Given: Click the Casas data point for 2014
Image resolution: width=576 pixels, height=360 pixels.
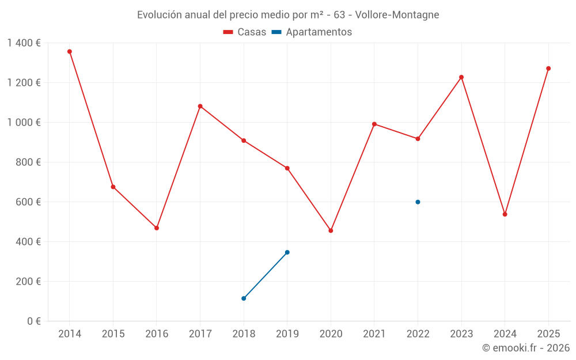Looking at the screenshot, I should tap(70, 51).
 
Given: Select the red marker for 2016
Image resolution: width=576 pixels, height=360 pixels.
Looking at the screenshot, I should tap(157, 228).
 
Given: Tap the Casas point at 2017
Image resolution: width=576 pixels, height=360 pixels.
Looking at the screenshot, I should tap(200, 106).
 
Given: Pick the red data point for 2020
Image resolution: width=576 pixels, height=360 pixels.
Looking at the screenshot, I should tap(331, 230).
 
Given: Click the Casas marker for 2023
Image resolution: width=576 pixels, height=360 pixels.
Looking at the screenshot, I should tap(461, 77).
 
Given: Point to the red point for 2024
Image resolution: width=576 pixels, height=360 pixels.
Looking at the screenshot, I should tap(505, 214).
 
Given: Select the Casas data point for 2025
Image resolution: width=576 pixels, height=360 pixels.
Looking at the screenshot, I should tap(548, 69).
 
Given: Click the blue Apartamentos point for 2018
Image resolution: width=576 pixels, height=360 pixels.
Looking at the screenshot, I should tap(244, 298).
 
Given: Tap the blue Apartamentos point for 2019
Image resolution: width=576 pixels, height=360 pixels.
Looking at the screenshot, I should tap(287, 252).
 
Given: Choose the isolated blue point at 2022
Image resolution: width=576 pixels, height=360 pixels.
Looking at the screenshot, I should tap(418, 202).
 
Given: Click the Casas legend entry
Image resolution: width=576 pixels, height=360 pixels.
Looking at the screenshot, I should tap(245, 32).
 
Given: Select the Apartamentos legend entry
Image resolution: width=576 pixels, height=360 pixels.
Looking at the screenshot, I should tap(312, 32).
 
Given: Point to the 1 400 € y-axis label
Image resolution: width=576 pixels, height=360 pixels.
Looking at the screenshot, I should tap(24, 43).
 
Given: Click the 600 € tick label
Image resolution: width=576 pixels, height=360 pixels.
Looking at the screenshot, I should tap(28, 202).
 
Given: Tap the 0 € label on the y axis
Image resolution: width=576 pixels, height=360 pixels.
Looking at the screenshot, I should tap(33, 321).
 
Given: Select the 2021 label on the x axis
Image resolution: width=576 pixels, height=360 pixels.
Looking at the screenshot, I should tap(374, 334).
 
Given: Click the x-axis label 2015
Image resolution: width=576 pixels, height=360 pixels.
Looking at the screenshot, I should tap(113, 334).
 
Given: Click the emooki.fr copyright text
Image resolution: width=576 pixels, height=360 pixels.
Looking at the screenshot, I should tap(526, 348).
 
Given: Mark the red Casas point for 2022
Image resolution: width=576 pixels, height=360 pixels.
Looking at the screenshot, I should tap(418, 139).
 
